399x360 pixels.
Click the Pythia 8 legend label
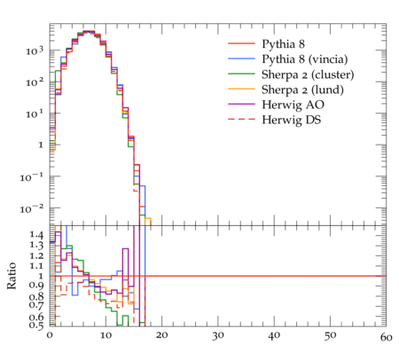pyautogui.click(x=283, y=44)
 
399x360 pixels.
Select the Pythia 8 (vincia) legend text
pyautogui.click(x=305, y=59)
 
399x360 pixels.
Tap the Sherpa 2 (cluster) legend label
pyautogui.click(x=308, y=74)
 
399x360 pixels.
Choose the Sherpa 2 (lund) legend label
pyautogui.click(x=302, y=90)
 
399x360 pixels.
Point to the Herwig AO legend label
pyautogui.click(x=293, y=105)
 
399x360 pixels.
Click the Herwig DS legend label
pyautogui.click(x=292, y=120)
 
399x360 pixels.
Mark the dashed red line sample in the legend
pyautogui.click(x=241, y=120)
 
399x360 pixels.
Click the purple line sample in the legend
pyautogui.click(x=241, y=104)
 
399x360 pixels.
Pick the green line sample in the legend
pyautogui.click(x=241, y=74)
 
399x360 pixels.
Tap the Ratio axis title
pyautogui.click(x=12, y=276)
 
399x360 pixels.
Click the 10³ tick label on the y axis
pyautogui.click(x=35, y=51)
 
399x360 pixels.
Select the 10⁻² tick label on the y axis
pyautogui.click(x=32, y=209)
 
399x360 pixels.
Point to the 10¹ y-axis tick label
pyautogui.click(x=35, y=114)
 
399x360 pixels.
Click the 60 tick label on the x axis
pyautogui.click(x=386, y=337)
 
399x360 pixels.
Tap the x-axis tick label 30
pyautogui.click(x=218, y=336)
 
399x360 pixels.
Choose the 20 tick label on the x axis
pyautogui.click(x=161, y=335)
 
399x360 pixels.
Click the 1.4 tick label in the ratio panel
pyautogui.click(x=36, y=235)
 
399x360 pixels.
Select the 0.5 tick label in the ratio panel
pyautogui.click(x=36, y=325)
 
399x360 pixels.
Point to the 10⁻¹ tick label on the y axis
pyautogui.click(x=32, y=177)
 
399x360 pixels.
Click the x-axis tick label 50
pyautogui.click(x=330, y=336)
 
